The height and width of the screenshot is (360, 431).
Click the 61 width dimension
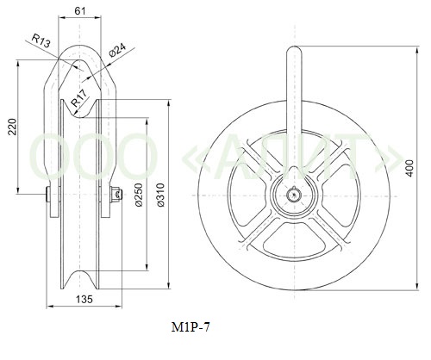point(80,11)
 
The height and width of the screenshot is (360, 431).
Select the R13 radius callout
point(41,40)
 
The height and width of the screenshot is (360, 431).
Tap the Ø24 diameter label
point(117,50)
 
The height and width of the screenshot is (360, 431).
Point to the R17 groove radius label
point(78,98)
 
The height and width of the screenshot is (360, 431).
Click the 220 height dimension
point(12,127)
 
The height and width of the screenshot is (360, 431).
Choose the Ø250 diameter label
point(139,195)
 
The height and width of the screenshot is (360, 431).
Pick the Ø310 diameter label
point(160,195)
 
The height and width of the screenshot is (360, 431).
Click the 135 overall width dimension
point(84,300)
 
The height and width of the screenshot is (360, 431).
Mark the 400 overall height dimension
point(410,168)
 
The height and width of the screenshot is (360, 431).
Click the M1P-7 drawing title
point(191,327)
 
